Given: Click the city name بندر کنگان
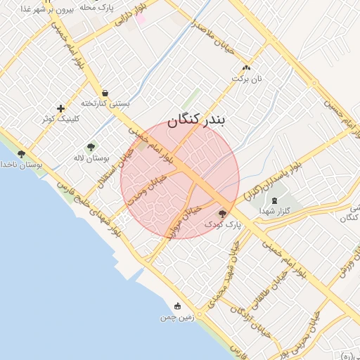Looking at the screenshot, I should pyautogui.click(x=196, y=120).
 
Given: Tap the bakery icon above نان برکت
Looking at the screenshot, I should pyautogui.click(x=246, y=67).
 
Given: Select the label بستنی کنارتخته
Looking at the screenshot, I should pyautogui.click(x=105, y=103).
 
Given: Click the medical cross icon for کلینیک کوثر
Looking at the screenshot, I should pyautogui.click(x=61, y=108).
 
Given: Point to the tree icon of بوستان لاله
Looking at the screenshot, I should pyautogui.click(x=91, y=147).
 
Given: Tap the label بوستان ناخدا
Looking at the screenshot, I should pyautogui.click(x=19, y=165).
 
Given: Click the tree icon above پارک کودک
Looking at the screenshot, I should pyautogui.click(x=223, y=213).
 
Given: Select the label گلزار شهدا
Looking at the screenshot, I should pyautogui.click(x=273, y=210).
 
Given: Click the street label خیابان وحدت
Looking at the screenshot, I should pyautogui.click(x=152, y=188).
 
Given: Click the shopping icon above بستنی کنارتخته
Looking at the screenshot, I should pyautogui.click(x=105, y=93).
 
